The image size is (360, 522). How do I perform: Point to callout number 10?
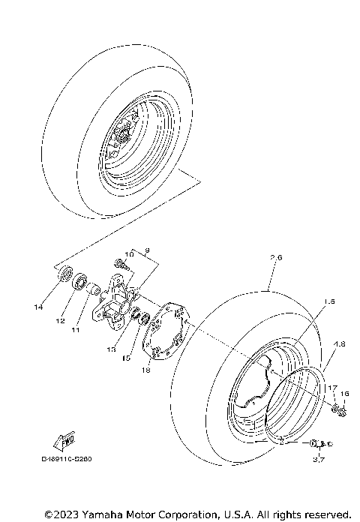pyautogui.click(x=127, y=255)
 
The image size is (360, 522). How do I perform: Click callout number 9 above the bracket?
pyautogui.click(x=147, y=249)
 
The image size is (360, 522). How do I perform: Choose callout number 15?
pyautogui.click(x=127, y=359)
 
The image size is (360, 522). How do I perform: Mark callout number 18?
pyautogui.click(x=145, y=370)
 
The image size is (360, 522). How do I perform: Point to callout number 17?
pyautogui.click(x=329, y=386)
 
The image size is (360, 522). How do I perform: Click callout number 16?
pyautogui.click(x=345, y=393)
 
